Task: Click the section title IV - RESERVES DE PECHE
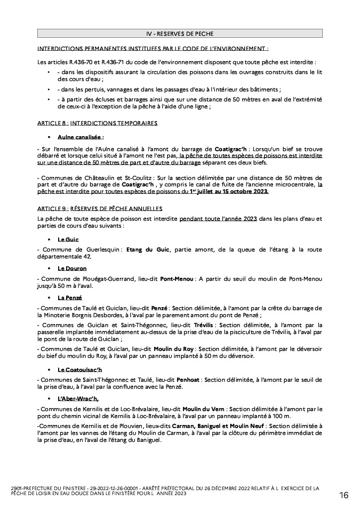[180, 33]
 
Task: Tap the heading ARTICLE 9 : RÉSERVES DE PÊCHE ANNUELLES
[99, 208]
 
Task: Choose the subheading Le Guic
[68, 239]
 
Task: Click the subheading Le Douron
[72, 268]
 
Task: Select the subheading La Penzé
[70, 298]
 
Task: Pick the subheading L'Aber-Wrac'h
[78, 399]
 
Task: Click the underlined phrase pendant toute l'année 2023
[218, 218]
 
